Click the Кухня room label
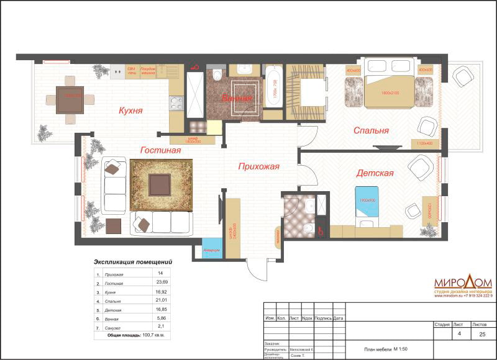[x=131, y=111]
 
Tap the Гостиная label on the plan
[x=160, y=150]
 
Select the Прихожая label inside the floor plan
[x=258, y=166]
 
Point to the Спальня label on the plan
[x=371, y=131]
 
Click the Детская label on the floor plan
[x=375, y=173]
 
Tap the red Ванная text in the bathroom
[x=238, y=99]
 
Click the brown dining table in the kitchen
[x=69, y=99]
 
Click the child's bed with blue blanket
[x=368, y=204]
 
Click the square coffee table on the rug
[x=160, y=183]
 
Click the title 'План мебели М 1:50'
[x=381, y=350]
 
